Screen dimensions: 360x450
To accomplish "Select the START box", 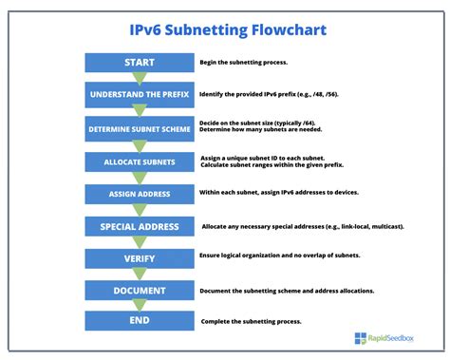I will point(139,63).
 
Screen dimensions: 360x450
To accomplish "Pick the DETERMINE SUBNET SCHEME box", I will point(139,129).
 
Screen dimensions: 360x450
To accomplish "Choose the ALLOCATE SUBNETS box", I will point(139,162).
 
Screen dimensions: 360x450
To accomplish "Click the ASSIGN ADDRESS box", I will point(139,194).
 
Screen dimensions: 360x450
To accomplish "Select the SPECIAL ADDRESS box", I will point(139,227).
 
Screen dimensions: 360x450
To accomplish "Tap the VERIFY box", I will point(139,258).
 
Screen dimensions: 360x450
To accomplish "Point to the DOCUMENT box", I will point(139,291).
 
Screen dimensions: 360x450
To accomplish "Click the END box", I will point(139,321).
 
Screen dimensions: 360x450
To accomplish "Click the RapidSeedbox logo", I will point(384,337).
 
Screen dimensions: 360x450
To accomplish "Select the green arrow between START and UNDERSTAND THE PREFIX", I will point(139,79).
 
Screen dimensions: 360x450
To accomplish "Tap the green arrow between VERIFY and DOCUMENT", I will point(139,275).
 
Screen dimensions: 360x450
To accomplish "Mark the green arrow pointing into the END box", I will point(139,306).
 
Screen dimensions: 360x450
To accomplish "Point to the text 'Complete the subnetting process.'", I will point(250,321).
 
